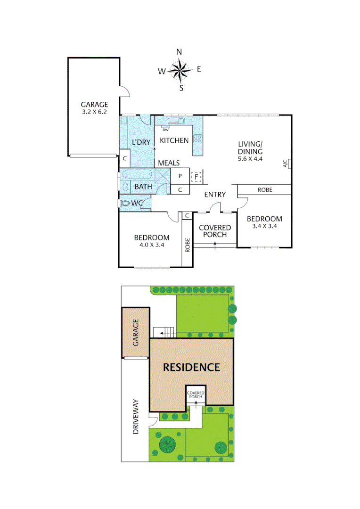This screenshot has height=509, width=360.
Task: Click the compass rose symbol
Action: click(x=180, y=70)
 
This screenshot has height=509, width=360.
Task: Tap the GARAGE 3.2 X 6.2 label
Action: click(x=94, y=108)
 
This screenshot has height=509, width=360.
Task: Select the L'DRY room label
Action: click(x=140, y=142)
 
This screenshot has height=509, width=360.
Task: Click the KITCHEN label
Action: click(x=174, y=140)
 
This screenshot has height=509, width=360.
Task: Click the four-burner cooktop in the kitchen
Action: click(x=197, y=139)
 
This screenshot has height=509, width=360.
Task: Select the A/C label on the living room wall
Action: click(x=285, y=164)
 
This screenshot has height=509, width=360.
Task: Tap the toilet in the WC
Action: click(x=125, y=203)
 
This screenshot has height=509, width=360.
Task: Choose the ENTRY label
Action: click(x=214, y=194)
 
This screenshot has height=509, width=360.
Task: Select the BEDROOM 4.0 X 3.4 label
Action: click(x=151, y=241)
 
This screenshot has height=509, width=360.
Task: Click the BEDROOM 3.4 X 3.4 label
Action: click(x=264, y=222)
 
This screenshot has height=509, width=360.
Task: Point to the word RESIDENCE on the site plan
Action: click(x=191, y=367)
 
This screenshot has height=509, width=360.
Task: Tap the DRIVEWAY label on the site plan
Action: click(x=136, y=417)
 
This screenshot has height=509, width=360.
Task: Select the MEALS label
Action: click(x=169, y=163)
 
